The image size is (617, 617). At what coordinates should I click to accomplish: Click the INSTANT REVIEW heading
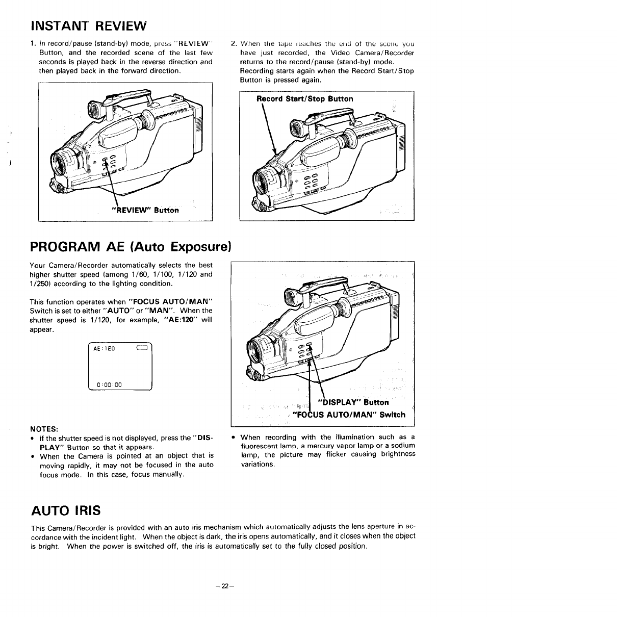(x=88, y=25)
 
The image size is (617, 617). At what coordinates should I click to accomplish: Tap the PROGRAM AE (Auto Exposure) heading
(x=131, y=247)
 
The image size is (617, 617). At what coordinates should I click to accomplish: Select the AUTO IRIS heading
(x=66, y=510)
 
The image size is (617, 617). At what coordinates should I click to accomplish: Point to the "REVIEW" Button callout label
(x=145, y=210)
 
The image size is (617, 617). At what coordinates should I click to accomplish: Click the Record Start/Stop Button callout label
(x=304, y=99)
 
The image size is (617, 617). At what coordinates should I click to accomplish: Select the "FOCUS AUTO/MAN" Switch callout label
(x=350, y=415)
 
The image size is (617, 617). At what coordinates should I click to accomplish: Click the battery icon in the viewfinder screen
(x=141, y=348)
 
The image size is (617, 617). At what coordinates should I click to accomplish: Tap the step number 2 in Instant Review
(x=233, y=43)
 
